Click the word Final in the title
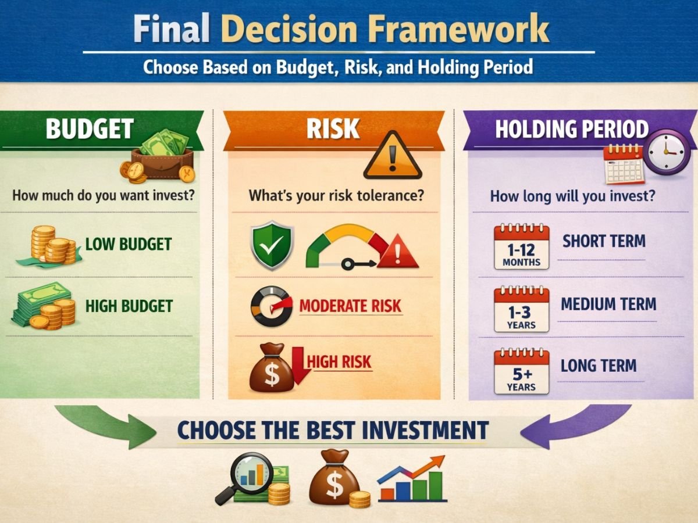click(x=171, y=28)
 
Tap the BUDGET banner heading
click(x=90, y=128)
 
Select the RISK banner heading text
click(x=333, y=128)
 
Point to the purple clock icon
click(x=666, y=152)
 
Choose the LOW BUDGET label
click(x=129, y=244)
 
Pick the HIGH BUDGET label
click(x=129, y=306)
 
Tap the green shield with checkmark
click(x=272, y=245)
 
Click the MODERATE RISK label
click(x=350, y=306)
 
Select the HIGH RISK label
click(x=339, y=361)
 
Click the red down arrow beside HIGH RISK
click(x=298, y=366)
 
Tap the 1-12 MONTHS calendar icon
click(x=522, y=247)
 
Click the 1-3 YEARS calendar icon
click(x=522, y=309)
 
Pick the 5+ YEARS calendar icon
click(x=522, y=371)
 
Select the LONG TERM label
click(x=599, y=366)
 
